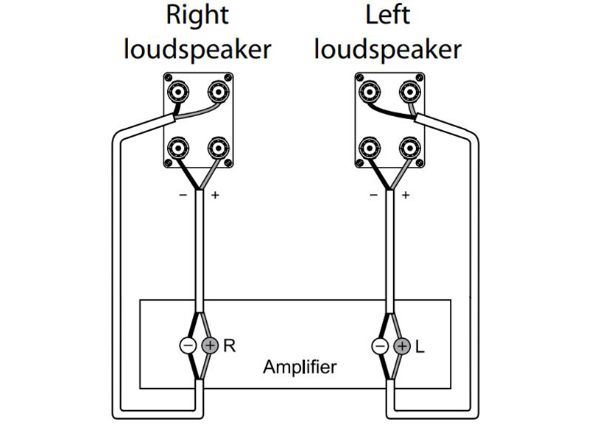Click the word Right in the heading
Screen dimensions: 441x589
click(x=197, y=15)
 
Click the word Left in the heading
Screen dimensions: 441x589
click(x=388, y=15)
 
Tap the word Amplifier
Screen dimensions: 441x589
click(x=300, y=367)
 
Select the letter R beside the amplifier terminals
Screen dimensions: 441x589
click(x=229, y=345)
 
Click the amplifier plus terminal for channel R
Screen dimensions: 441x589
click(x=209, y=345)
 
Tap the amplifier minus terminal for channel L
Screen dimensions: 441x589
click(x=381, y=345)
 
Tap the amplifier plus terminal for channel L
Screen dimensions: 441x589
click(x=401, y=345)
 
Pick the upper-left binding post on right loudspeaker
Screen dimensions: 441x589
click(x=177, y=92)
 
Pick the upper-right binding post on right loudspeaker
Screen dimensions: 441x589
click(x=216, y=92)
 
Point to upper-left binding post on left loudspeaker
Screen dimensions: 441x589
click(x=369, y=92)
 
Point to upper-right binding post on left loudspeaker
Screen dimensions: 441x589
click(x=408, y=92)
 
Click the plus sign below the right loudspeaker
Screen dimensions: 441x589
click(x=215, y=196)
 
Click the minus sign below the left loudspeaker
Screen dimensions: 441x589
click(x=373, y=196)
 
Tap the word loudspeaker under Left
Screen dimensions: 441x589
click(x=388, y=49)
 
